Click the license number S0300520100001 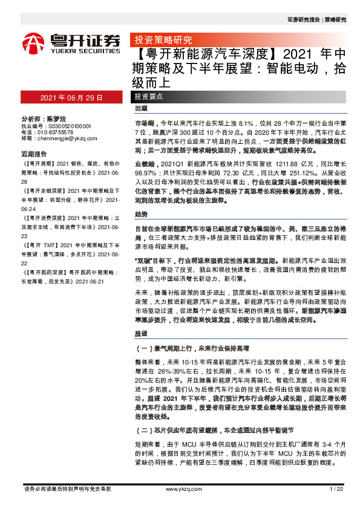coord(69,125)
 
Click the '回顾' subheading coord(141,109)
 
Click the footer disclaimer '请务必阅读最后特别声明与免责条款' coord(67,488)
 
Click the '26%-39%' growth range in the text coord(174,369)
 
